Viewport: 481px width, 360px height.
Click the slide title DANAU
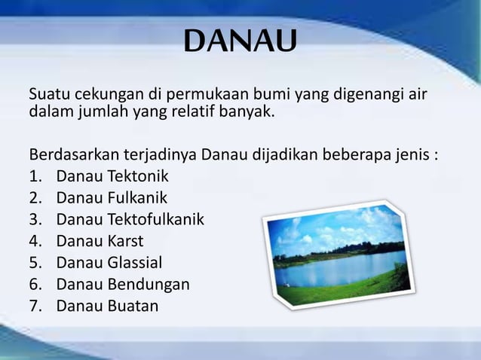click(240, 43)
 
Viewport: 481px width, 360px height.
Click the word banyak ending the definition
click(250, 114)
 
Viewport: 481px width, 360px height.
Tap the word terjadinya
click(161, 156)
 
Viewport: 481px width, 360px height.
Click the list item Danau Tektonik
click(112, 178)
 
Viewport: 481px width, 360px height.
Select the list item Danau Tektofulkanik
click(130, 220)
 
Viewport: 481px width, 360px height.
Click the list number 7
click(34, 306)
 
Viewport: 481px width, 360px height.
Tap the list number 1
click(34, 178)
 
